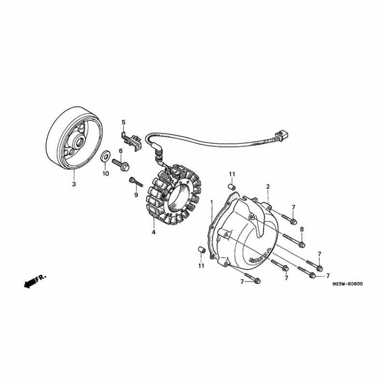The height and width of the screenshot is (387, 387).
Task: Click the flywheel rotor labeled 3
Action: coord(74,138)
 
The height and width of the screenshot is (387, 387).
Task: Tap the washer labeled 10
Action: coord(105,155)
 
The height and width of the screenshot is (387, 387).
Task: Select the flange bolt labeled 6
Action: coord(120,164)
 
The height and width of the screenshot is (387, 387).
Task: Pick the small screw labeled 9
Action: coord(136,182)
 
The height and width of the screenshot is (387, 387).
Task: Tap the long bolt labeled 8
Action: coord(294,240)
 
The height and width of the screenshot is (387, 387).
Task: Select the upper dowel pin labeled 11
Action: coord(231,187)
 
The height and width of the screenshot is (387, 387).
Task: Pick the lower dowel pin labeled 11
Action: coord(202,250)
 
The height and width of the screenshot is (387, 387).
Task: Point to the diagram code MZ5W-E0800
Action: coord(347,284)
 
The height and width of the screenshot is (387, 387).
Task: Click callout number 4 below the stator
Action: coord(153,232)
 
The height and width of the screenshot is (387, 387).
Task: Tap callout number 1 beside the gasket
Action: coord(211,203)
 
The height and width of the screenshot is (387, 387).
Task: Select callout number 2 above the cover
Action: coord(268,187)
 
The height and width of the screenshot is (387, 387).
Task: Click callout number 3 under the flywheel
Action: coord(74,184)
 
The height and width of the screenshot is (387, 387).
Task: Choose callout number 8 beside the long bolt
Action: coord(302,229)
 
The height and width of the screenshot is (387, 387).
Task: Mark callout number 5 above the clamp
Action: coord(123,122)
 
